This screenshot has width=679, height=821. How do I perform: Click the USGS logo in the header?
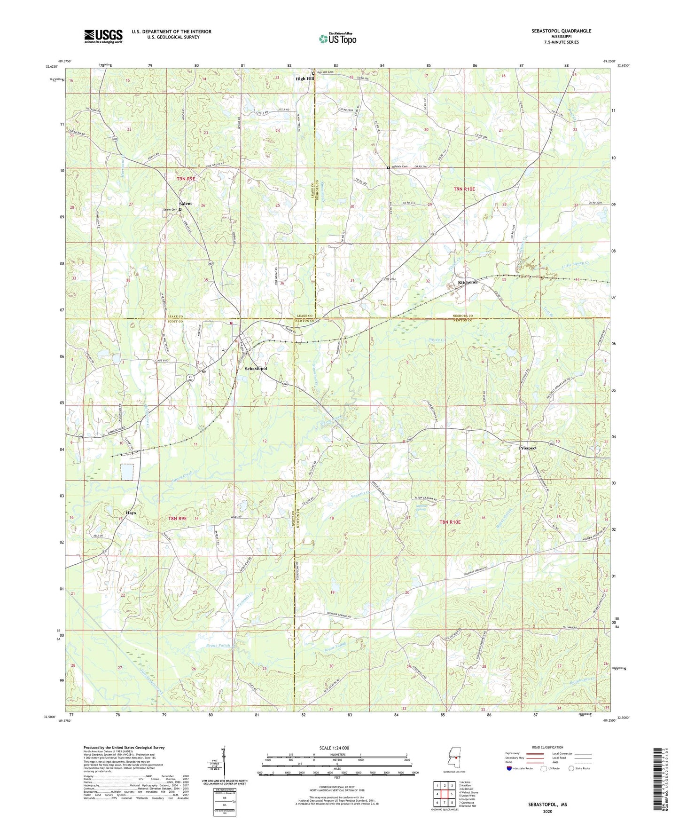coord(103,36)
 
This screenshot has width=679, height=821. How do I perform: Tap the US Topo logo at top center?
coord(337,39)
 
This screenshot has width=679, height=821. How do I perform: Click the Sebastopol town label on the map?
coord(256,369)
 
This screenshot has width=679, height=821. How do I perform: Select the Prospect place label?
coord(527,448)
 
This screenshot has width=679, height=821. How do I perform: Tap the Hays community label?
coord(131,513)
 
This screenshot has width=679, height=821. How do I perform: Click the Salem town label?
coord(185,204)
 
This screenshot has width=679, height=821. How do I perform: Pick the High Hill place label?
coord(304,79)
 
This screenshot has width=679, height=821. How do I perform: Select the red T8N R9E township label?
coord(177,518)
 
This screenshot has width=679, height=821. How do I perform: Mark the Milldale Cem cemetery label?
coord(400,167)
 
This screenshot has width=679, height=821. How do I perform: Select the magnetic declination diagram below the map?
coord(224,761)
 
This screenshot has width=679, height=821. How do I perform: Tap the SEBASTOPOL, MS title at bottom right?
coord(547,805)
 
